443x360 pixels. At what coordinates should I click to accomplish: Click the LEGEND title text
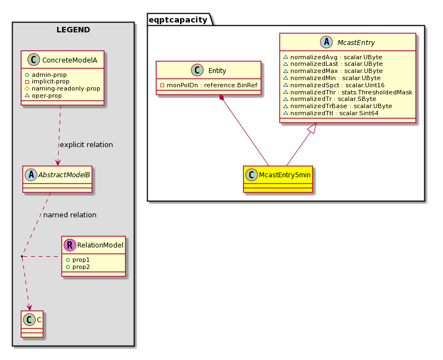click(x=73, y=30)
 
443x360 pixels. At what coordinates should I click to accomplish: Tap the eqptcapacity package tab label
click(x=178, y=20)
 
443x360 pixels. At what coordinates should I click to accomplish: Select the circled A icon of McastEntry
click(x=326, y=42)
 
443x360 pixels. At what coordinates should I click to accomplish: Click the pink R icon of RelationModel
click(x=70, y=245)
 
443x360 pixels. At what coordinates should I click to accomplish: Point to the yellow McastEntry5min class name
click(x=285, y=175)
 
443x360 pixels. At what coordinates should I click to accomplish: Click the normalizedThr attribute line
click(x=348, y=92)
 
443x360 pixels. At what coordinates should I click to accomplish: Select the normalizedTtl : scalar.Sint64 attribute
click(x=331, y=113)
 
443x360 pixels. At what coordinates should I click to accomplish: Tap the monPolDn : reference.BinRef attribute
click(x=209, y=85)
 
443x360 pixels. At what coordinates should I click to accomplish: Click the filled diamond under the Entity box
click(x=222, y=98)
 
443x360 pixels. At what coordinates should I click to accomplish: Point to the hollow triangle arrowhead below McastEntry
click(x=312, y=128)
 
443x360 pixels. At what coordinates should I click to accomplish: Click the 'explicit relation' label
click(x=86, y=144)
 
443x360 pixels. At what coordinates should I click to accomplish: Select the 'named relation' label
click(x=70, y=215)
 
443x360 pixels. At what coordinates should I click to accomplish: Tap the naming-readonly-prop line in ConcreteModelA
click(x=63, y=89)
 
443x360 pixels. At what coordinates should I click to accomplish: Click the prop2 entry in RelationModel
click(x=78, y=267)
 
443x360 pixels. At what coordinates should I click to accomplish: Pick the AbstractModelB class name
click(x=64, y=175)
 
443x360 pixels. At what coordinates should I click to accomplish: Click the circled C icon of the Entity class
click(x=197, y=70)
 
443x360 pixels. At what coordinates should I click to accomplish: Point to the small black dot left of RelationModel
click(x=22, y=256)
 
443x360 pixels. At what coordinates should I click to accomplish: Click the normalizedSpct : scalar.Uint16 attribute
click(x=334, y=85)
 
